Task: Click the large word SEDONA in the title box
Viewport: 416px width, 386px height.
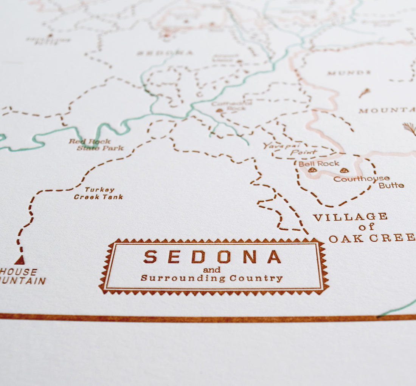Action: pos(212,257)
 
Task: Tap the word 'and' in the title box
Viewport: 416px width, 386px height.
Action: pos(211,270)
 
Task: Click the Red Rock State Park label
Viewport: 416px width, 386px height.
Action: pos(96,145)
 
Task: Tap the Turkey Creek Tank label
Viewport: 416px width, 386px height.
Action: pos(99,193)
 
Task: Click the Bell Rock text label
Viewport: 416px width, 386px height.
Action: pos(319,164)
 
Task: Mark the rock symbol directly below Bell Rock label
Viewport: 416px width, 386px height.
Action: pos(312,170)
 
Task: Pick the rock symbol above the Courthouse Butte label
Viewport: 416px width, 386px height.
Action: pos(344,170)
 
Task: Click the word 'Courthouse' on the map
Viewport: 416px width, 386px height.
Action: pos(361,179)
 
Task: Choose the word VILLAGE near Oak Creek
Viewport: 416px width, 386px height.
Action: pos(350,217)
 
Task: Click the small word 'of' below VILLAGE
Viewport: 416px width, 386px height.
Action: pos(366,227)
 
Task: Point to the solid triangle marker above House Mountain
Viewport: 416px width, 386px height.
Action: pos(20,260)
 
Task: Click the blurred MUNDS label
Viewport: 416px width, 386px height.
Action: pos(349,73)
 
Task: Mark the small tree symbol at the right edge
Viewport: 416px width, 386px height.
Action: pos(410,128)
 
